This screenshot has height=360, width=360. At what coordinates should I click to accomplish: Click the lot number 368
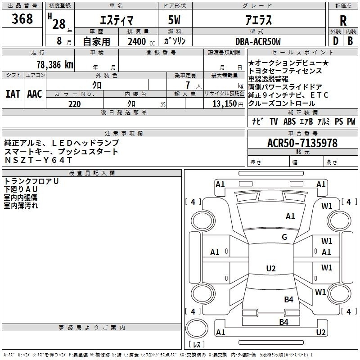(22, 18)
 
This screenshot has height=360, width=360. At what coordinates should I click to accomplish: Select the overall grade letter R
(343, 21)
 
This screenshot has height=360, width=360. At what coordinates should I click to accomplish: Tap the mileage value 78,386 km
(55, 65)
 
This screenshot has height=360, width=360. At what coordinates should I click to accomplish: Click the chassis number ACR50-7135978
(302, 143)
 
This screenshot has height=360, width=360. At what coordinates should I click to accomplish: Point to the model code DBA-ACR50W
(258, 41)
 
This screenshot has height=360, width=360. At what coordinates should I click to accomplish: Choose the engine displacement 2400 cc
(141, 41)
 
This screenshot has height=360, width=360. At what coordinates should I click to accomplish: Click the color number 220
(75, 104)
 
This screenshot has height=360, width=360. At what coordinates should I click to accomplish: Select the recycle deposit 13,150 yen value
(228, 104)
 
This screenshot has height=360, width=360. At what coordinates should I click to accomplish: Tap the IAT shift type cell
(13, 94)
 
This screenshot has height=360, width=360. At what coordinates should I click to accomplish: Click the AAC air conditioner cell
(35, 94)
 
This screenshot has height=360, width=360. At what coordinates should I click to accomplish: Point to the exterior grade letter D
(336, 41)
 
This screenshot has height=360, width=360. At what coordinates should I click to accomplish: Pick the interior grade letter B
(350, 41)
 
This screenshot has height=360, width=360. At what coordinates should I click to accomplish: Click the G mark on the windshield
(284, 237)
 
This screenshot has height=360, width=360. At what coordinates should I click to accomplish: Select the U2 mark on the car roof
(271, 268)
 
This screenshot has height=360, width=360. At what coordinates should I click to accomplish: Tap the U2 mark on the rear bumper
(321, 332)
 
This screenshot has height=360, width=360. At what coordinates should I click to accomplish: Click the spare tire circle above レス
(197, 328)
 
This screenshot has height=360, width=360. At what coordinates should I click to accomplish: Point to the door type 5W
(174, 20)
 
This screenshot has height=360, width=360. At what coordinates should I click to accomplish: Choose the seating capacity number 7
(188, 85)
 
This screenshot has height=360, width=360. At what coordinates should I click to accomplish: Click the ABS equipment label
(289, 121)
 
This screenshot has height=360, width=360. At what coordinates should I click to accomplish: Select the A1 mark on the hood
(290, 216)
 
